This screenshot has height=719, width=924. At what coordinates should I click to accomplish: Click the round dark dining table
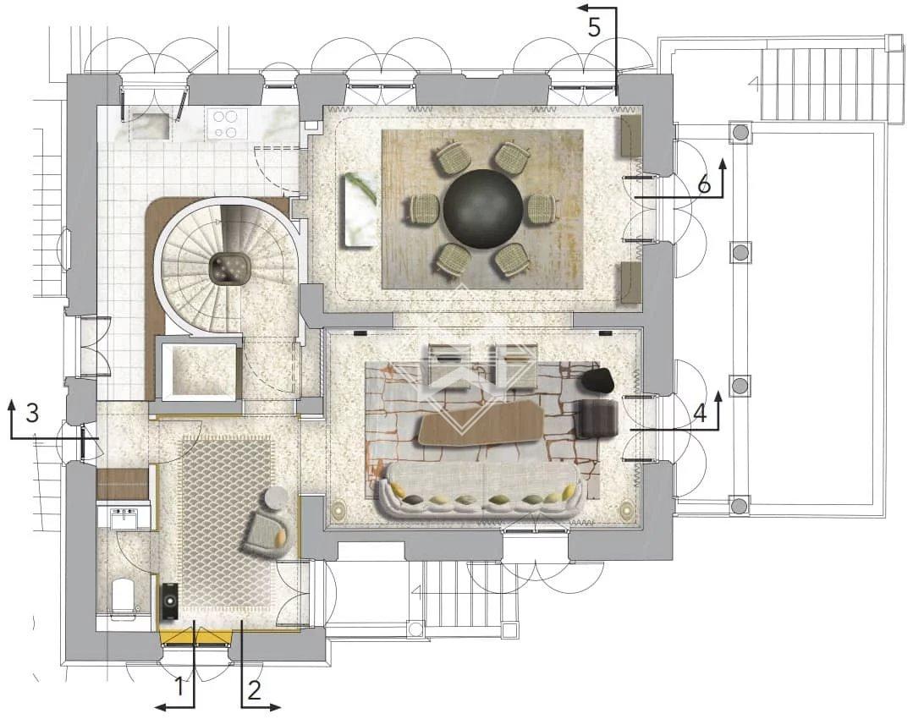tap(482, 208)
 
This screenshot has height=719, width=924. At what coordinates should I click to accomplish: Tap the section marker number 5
tap(594, 28)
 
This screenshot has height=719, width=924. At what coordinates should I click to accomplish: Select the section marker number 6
tap(704, 185)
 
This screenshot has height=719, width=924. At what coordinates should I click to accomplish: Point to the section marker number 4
tap(700, 414)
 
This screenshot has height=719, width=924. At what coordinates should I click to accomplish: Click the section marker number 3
tap(32, 413)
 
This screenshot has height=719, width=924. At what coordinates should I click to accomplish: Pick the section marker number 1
tap(179, 687)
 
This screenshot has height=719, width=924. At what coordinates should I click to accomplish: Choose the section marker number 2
tap(254, 690)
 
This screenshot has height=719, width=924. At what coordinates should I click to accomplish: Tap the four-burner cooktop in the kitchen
tap(224, 123)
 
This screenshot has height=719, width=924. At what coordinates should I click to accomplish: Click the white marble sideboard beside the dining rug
tap(360, 211)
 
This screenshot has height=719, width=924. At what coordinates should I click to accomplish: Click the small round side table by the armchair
tap(275, 499)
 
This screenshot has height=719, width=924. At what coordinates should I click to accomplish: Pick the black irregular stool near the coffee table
tap(598, 380)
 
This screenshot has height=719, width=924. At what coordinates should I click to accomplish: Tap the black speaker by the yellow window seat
tap(170, 601)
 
